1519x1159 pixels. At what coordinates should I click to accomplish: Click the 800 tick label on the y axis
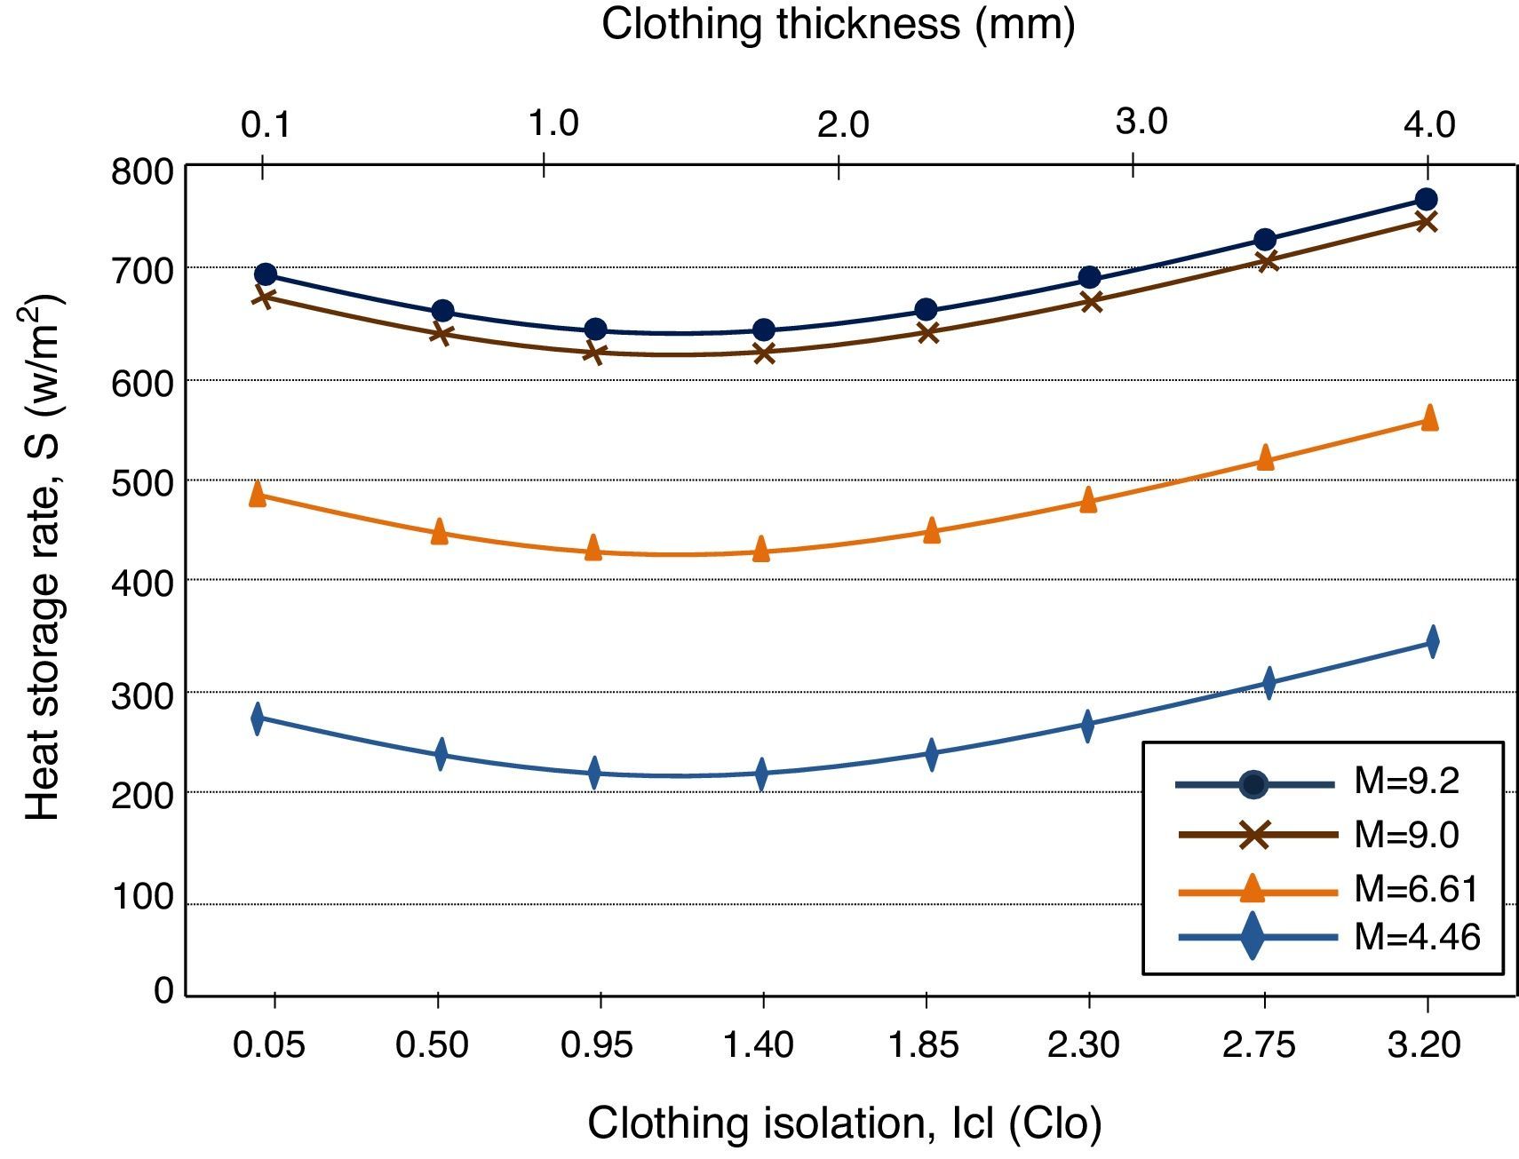pos(142,171)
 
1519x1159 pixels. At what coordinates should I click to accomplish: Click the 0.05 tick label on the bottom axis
pos(268,1044)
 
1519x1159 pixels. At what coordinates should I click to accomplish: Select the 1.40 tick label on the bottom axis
pos(758,1044)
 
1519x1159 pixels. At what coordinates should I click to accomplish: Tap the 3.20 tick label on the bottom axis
pos(1424,1044)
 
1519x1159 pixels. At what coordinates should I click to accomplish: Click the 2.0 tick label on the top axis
pos(842,124)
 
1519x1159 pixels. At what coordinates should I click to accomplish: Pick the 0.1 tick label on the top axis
pos(266,124)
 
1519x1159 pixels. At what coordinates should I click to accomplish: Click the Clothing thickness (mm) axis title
pos(838,24)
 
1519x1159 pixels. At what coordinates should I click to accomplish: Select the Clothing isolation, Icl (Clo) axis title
pos(844,1123)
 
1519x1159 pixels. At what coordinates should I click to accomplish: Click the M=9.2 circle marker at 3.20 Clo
pos(1426,199)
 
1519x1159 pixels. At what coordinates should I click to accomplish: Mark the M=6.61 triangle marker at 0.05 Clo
pos(258,495)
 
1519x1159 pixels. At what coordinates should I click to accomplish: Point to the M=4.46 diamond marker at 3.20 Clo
pos(1432,641)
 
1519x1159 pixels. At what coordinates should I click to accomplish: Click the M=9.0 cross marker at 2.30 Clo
pos(1092,302)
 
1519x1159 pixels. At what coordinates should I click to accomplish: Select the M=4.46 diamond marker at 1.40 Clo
pos(761,773)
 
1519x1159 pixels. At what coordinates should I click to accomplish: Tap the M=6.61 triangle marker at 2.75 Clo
pos(1266,458)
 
